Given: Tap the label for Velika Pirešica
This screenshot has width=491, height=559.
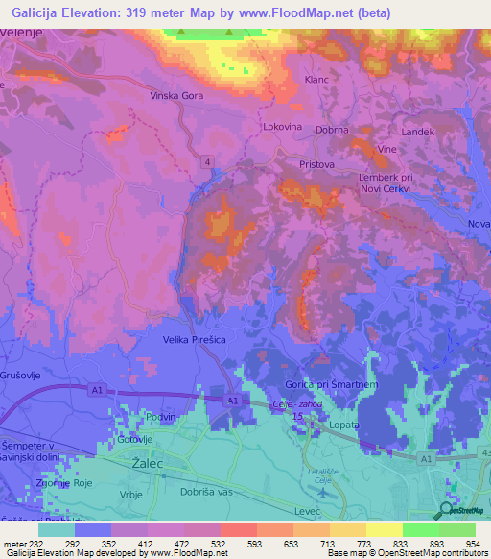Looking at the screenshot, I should pyautogui.click(x=195, y=339).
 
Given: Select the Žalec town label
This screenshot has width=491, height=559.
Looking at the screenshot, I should pyautogui.click(x=145, y=463).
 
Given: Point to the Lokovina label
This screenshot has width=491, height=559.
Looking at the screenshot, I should pyautogui.click(x=283, y=126).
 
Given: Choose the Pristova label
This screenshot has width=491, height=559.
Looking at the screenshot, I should pyautogui.click(x=316, y=165).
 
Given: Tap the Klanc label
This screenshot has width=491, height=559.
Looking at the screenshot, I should pyautogui.click(x=316, y=80).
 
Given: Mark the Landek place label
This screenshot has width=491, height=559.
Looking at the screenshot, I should pyautogui.click(x=419, y=131).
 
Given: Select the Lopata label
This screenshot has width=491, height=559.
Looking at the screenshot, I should pyautogui.click(x=341, y=424).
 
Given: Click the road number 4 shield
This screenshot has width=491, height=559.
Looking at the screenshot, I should pyautogui.click(x=207, y=161).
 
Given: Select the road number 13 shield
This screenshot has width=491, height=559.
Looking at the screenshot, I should pyautogui.click(x=297, y=418).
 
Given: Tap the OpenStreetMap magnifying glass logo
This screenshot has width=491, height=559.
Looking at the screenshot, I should pyautogui.click(x=447, y=511).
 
